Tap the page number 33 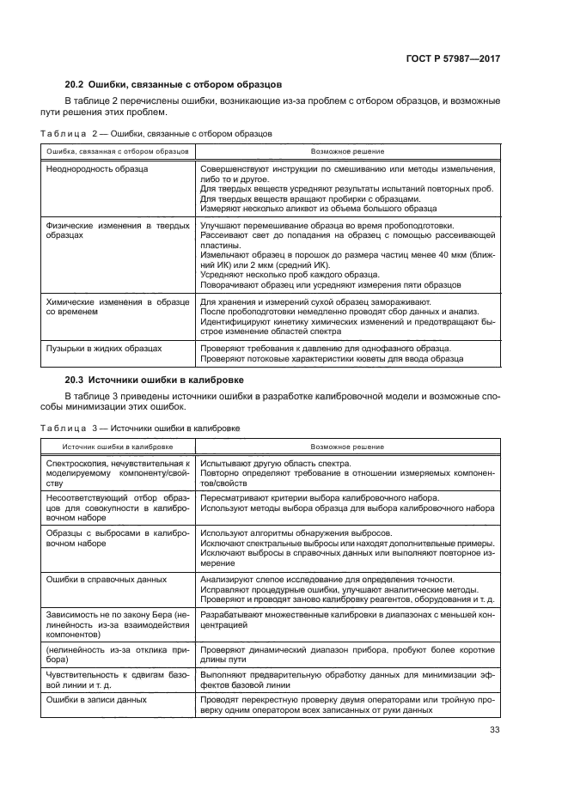pyautogui.click(x=494, y=730)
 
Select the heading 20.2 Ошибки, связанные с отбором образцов pyautogui.click(x=173, y=86)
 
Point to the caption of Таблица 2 pyautogui.click(x=156, y=134)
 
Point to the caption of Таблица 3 pyautogui.click(x=139, y=428)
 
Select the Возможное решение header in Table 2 pyautogui.click(x=347, y=151)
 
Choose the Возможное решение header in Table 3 pyautogui.click(x=347, y=447)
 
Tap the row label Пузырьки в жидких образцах pyautogui.click(x=103, y=349)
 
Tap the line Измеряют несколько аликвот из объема pyautogui.click(x=318, y=209)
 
